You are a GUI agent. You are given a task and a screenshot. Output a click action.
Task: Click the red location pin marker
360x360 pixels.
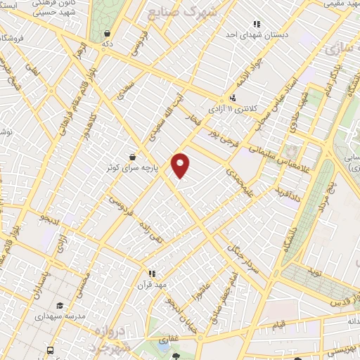[181, 165]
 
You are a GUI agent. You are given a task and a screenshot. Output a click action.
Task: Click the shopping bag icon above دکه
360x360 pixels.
[106, 33]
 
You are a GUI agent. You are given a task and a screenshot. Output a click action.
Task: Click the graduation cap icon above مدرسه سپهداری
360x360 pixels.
[60, 306]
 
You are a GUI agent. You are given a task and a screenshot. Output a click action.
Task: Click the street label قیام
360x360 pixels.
[278, 324]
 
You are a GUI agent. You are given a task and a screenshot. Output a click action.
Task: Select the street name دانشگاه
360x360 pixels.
[290, 243]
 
